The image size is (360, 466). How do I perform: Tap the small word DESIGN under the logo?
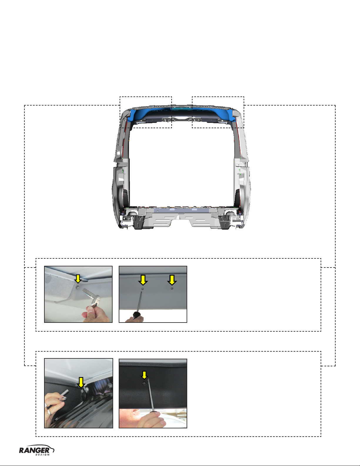[42, 455]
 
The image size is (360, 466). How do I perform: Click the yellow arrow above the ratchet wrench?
[78, 279]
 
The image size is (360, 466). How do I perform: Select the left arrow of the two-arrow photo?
[143, 280]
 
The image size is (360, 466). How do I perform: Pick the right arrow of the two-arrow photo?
[172, 280]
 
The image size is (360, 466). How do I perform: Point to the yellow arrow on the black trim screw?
[144, 375]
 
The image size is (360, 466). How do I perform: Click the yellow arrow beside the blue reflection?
[81, 383]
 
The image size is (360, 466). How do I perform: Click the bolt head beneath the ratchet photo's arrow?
[78, 287]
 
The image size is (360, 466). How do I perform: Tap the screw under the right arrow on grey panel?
[172, 289]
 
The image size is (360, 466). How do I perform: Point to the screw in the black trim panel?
[144, 383]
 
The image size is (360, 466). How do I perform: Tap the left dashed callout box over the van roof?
[146, 97]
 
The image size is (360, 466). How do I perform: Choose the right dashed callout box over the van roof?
[218, 97]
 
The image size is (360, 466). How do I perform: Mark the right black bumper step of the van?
[225, 223]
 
